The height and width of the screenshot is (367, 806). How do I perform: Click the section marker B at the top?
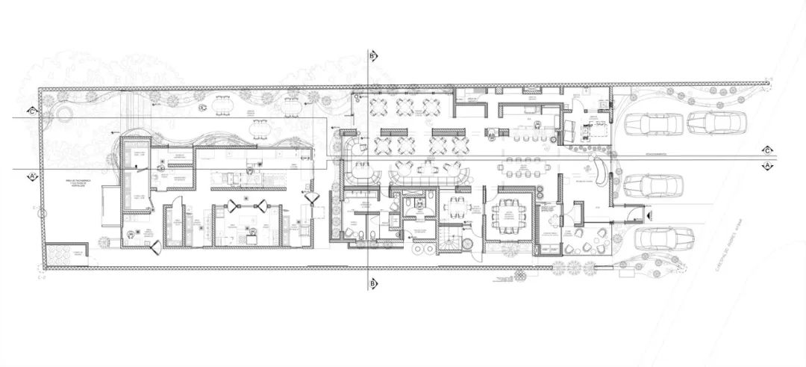point(372,55)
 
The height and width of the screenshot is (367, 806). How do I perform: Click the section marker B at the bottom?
point(372,283)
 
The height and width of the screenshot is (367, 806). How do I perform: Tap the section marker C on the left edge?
point(31,111)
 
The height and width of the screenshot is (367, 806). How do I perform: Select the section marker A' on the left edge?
point(32,176)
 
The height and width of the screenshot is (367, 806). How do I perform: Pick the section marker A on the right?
point(766,164)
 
